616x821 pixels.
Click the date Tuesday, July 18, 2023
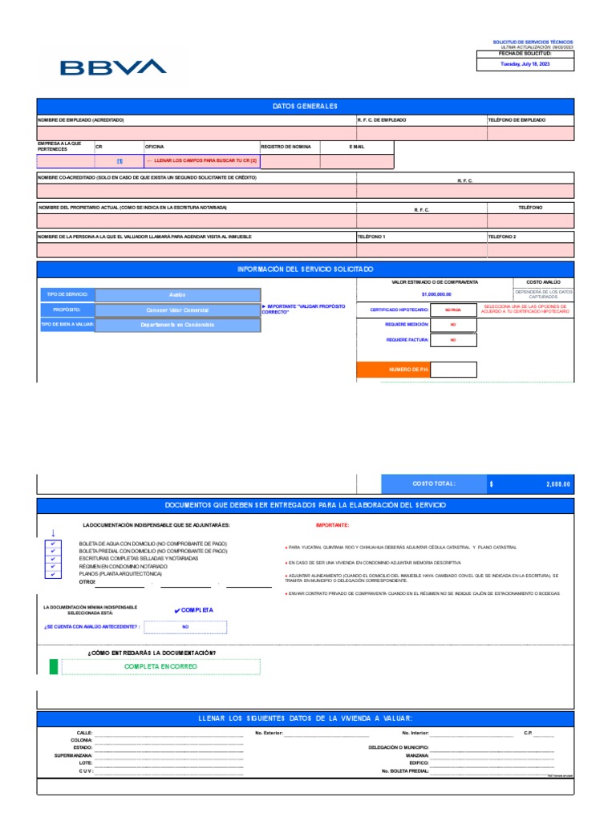pos(525,63)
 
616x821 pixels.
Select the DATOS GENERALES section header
pos(306,107)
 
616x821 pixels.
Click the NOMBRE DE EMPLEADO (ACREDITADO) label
pos(81,119)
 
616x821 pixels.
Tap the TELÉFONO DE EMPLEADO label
pos(517,119)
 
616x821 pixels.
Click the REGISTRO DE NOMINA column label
pos(284,148)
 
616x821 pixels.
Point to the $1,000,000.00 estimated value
pos(435,294)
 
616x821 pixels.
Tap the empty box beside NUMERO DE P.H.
pos(453,370)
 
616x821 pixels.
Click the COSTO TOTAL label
pos(434,483)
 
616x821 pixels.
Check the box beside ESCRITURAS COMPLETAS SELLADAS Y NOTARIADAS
pos(53,559)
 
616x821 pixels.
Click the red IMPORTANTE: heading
pos(332,525)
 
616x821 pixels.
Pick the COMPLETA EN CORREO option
pos(160,666)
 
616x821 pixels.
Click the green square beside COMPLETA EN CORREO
pos(54,666)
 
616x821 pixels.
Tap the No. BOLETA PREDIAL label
pos(405,771)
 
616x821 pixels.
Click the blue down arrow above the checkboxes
pos(53,532)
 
